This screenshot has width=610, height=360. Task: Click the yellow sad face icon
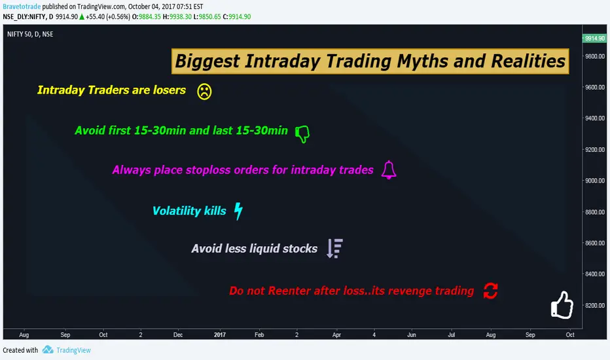point(204,92)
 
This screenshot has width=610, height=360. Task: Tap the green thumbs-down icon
point(302,134)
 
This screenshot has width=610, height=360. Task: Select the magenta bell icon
point(389,170)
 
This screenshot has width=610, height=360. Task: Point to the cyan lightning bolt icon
point(238,211)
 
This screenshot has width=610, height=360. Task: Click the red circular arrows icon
point(491,291)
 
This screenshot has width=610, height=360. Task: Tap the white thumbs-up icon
point(562,305)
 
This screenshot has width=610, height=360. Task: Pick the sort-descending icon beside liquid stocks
point(334,248)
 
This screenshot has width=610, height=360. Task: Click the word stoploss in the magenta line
point(207,170)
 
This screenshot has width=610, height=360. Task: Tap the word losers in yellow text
point(170,90)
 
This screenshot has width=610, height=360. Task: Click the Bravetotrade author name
point(22,7)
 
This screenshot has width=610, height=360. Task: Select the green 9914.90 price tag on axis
point(594,38)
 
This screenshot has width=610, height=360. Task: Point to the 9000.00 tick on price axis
point(595,181)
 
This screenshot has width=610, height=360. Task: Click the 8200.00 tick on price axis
point(595,306)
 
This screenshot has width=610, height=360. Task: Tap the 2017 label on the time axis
point(220,334)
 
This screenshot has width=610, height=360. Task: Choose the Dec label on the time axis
point(178,334)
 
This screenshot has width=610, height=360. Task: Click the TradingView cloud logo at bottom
point(48,350)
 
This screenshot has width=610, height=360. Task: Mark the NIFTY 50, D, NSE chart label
point(30,34)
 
